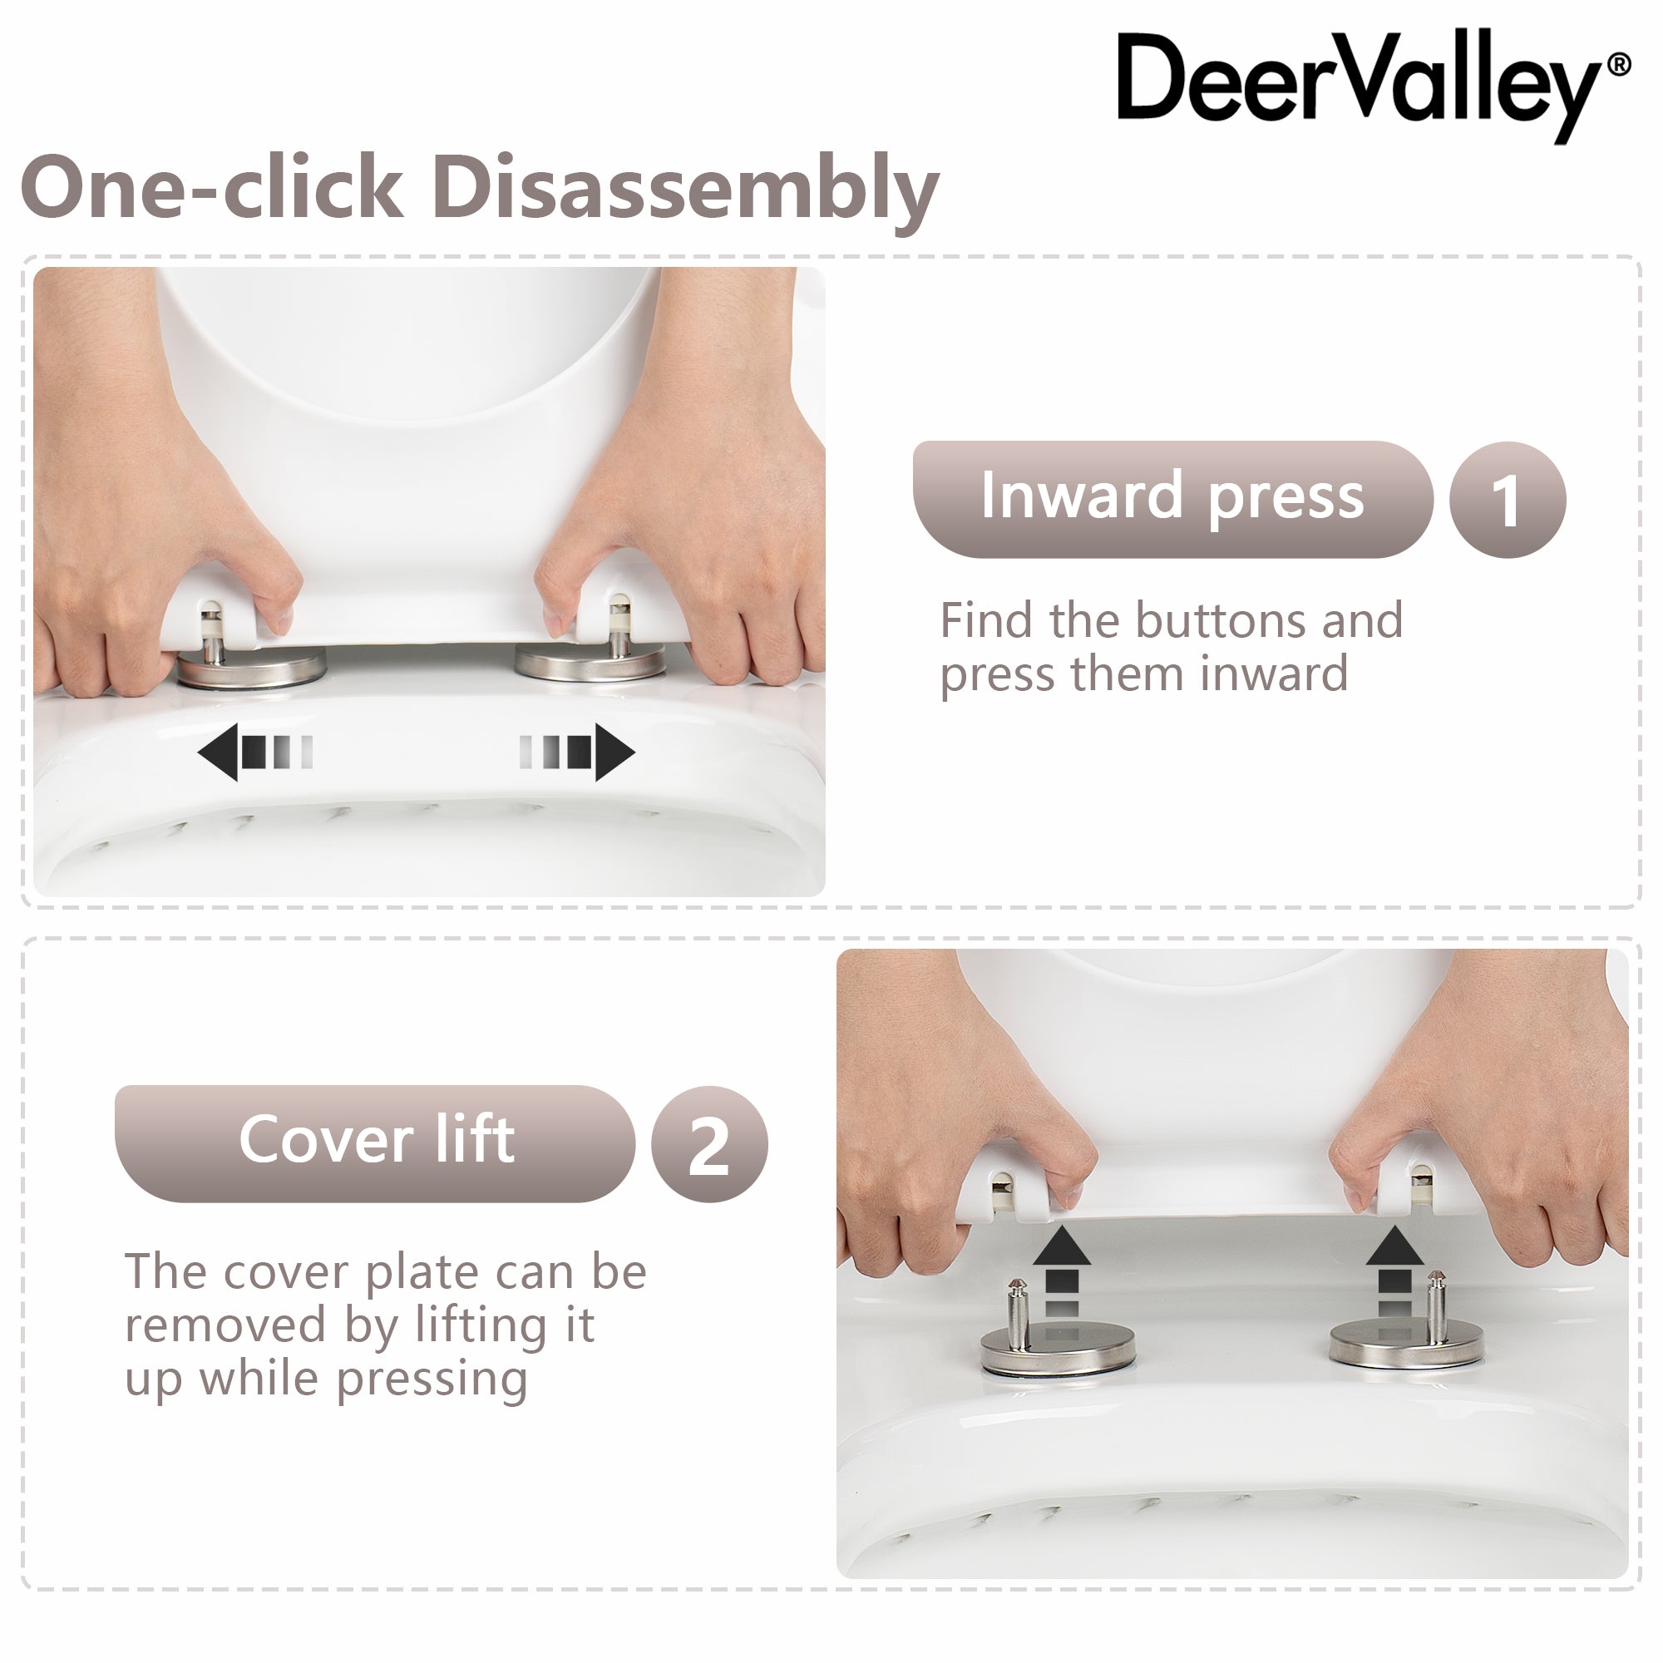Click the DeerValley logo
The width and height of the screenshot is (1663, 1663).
click(x=1372, y=87)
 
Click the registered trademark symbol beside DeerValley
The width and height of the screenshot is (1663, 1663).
click(x=1619, y=67)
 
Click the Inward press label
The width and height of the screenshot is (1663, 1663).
click(x=1172, y=499)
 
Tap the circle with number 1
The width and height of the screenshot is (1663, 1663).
click(x=1508, y=500)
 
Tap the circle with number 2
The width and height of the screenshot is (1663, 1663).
click(x=709, y=1144)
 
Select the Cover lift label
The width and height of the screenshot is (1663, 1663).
click(x=375, y=1143)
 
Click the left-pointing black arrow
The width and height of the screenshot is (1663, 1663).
click(x=254, y=753)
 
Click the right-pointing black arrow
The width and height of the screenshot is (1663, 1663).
click(x=578, y=753)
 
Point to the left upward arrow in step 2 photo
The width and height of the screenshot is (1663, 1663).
click(x=1061, y=1271)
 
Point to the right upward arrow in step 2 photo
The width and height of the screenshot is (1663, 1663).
click(x=1394, y=1271)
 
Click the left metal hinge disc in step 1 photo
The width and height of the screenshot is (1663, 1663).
click(x=251, y=669)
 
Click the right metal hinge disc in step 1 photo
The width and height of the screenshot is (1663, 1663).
click(x=590, y=662)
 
